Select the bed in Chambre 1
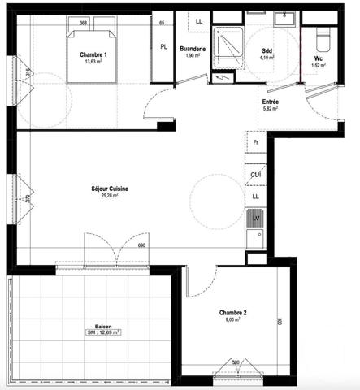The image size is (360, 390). (x=92, y=53)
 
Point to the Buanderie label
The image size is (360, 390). (x=193, y=49)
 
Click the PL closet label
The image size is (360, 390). (x=165, y=48)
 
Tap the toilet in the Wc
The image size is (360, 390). (x=319, y=37)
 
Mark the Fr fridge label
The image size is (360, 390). (x=255, y=142)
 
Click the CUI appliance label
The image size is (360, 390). (x=255, y=175)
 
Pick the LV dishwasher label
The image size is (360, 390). (x=255, y=218)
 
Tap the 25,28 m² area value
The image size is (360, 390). (x=110, y=196)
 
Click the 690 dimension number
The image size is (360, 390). (x=140, y=245)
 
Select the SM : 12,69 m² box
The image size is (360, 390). (x=102, y=332)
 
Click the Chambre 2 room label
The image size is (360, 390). (x=232, y=312)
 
